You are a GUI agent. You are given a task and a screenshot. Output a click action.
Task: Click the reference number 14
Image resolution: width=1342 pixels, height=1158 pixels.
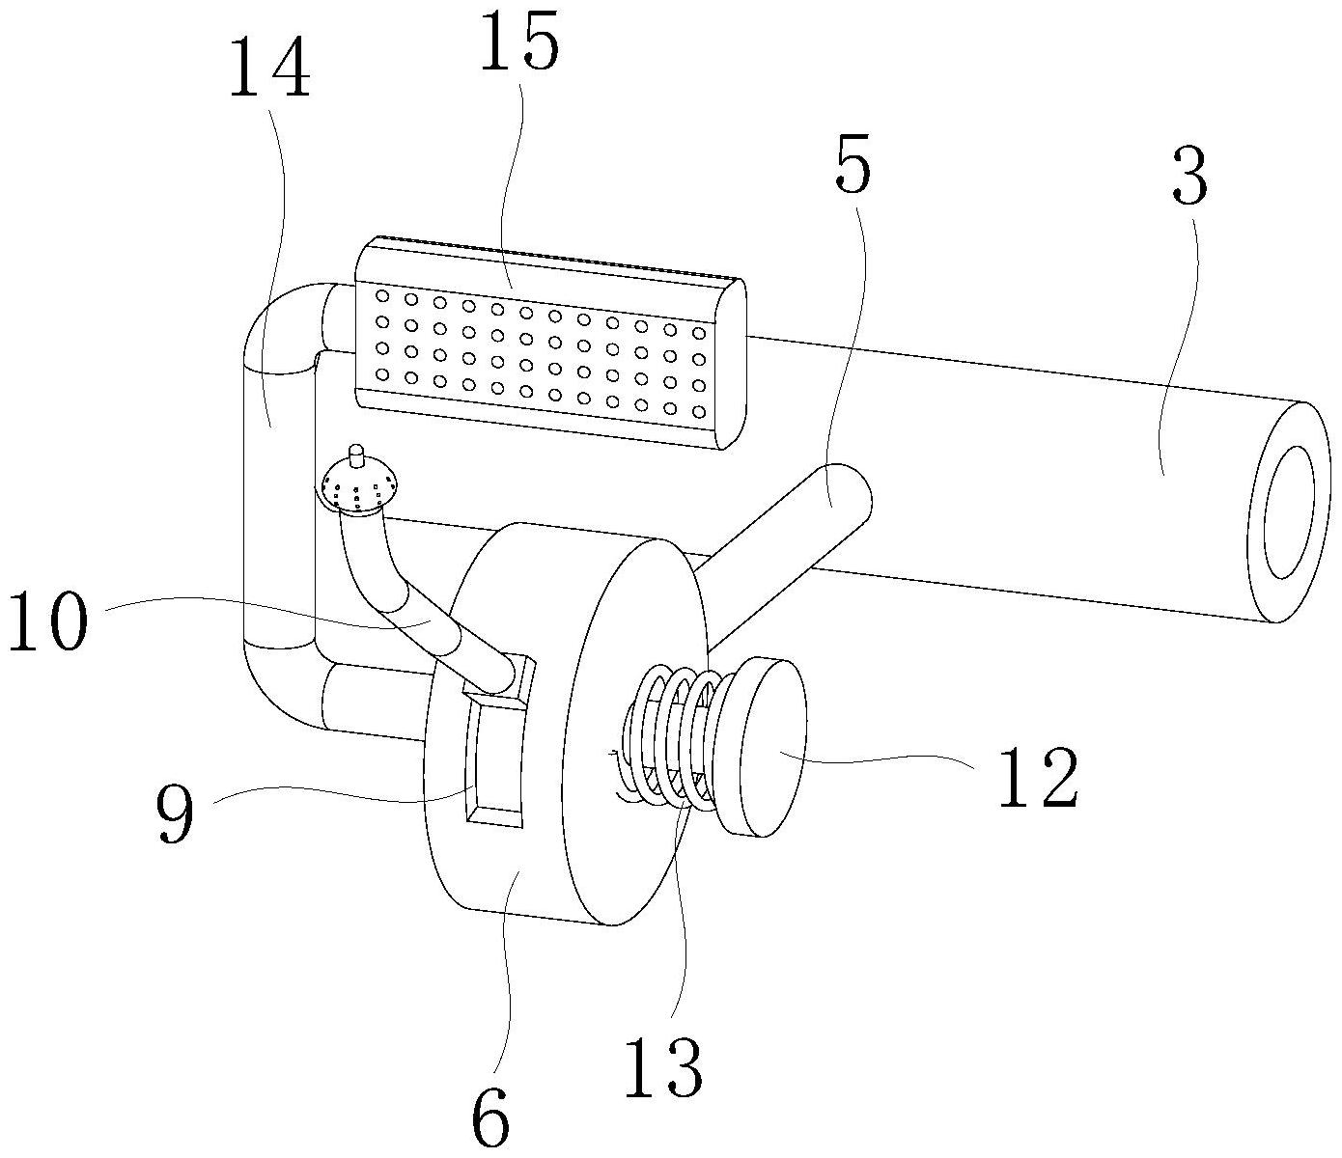(x=269, y=69)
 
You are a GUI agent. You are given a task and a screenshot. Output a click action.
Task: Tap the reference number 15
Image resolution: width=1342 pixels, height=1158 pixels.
(x=518, y=45)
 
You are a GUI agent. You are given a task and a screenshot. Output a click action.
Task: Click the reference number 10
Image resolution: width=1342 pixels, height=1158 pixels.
(x=48, y=624)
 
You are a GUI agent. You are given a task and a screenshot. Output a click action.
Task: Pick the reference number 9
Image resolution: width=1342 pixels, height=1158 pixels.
(x=175, y=813)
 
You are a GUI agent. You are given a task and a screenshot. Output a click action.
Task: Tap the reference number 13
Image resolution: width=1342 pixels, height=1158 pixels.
(x=661, y=1067)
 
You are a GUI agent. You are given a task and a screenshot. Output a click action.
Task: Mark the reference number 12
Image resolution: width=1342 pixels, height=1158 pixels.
(x=1037, y=778)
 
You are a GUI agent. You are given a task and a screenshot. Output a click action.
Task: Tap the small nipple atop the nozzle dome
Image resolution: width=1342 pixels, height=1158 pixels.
(x=356, y=452)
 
